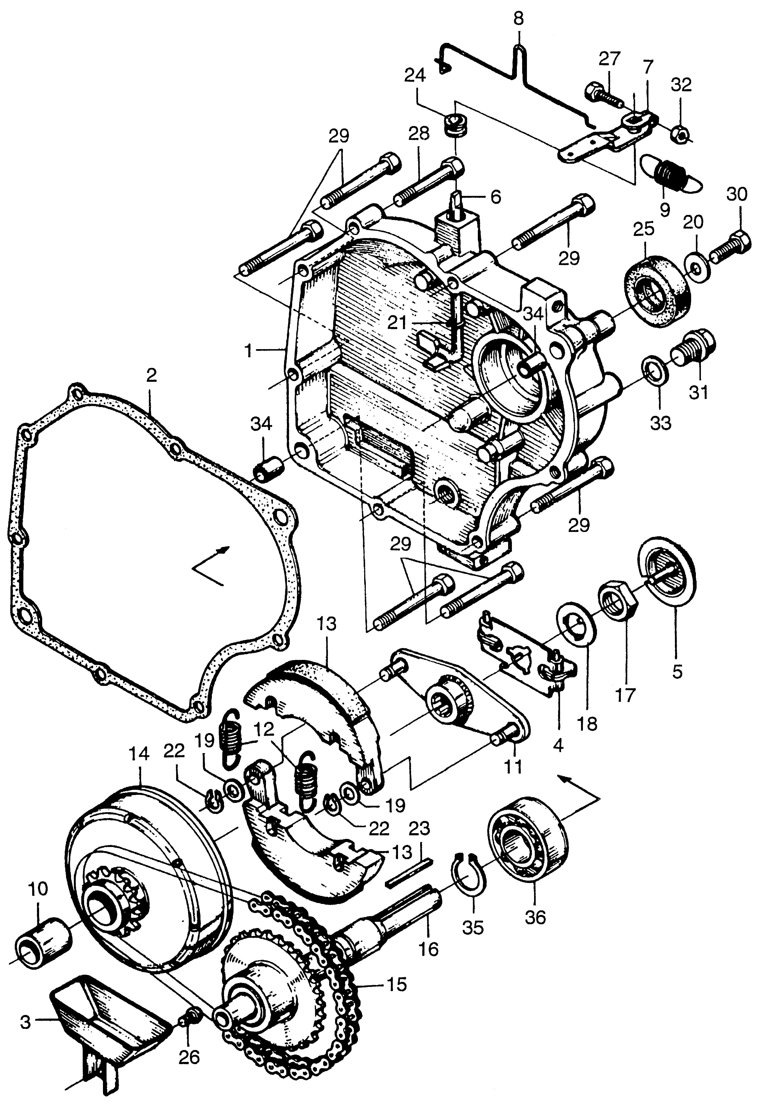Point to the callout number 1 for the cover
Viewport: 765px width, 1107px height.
[248, 352]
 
